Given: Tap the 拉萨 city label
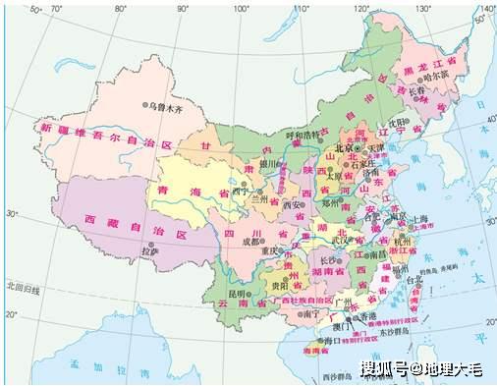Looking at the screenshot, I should pyautogui.click(x=150, y=252).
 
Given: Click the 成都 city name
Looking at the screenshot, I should pyautogui.click(x=250, y=241).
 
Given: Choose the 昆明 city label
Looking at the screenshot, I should pyautogui.click(x=238, y=294).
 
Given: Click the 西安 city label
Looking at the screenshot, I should pyautogui.click(x=294, y=205).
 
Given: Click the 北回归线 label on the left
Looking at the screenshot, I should pyautogui.click(x=22, y=288).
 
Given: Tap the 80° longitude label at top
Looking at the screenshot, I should pyautogui.click(x=120, y=8).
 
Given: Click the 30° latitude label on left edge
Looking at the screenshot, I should pyautogui.click(x=12, y=212).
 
